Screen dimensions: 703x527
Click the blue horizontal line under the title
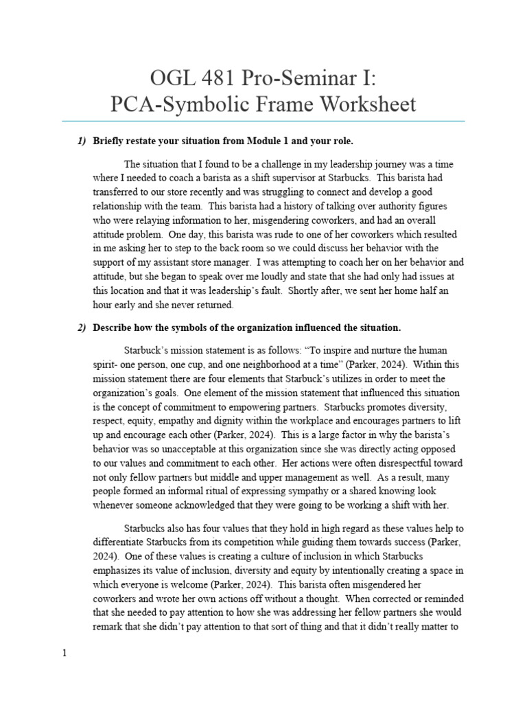[263, 121]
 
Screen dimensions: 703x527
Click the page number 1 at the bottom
[65, 653]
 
